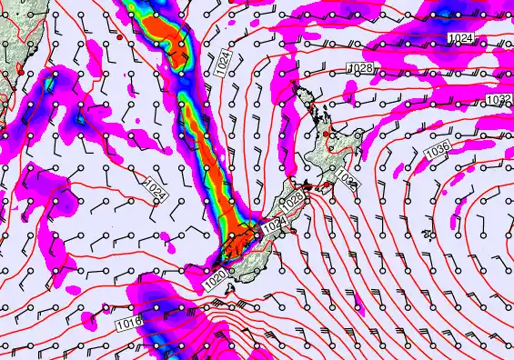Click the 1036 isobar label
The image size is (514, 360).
(438, 148)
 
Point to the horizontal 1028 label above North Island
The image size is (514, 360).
(362, 69)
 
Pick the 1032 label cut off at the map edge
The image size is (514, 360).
(499, 99)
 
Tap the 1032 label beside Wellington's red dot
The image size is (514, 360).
(349, 180)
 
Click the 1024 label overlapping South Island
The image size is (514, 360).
(277, 221)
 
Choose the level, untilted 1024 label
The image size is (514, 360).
(459, 35)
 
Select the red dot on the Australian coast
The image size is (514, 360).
(21, 69)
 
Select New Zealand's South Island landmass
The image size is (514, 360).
(255, 250)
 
